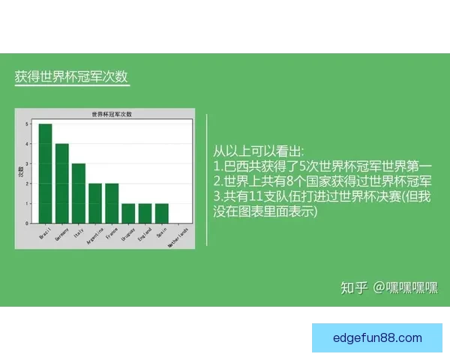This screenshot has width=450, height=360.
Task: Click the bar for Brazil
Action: tap(45, 173)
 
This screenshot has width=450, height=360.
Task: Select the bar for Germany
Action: tap(62, 183)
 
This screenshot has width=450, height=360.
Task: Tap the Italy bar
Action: tap(79, 193)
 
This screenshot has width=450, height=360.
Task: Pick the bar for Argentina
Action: tap(95, 203)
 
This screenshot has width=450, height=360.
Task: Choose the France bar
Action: tap(112, 203)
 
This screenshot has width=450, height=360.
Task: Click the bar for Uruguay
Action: tap(128, 213)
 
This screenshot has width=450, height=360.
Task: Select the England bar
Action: tap(145, 213)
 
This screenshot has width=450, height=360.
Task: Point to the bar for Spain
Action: tap(161, 213)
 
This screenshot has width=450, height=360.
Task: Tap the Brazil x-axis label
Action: tap(44, 232)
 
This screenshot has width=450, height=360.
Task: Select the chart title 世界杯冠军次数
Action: tap(111, 114)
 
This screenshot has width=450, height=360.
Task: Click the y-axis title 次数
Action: tap(21, 172)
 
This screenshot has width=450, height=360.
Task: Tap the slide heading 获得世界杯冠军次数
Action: tap(71, 78)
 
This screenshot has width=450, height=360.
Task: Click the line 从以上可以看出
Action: tap(259, 151)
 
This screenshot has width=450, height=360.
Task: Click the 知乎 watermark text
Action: tap(354, 288)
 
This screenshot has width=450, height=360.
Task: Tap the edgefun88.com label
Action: tap(377, 338)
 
